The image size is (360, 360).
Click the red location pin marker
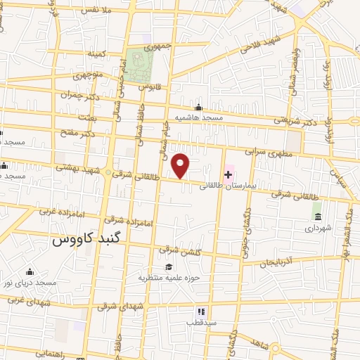[x=181, y=166]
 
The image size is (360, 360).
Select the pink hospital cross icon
[x=229, y=174]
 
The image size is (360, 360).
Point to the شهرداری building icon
[x=316, y=215]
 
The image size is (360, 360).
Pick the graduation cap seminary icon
[x=168, y=266]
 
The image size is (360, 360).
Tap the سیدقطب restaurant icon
[x=200, y=311]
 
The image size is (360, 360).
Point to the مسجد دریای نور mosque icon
[x=30, y=271]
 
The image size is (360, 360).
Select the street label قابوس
[x=147, y=86]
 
